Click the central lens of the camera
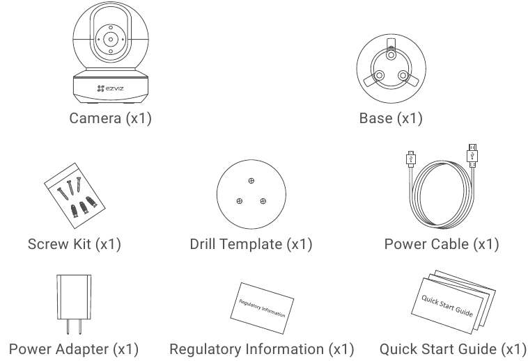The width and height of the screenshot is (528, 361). point(109,40)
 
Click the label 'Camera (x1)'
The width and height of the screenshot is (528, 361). point(110,118)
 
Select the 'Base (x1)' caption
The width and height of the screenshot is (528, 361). point(390,118)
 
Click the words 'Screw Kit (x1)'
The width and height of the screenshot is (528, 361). point(75,244)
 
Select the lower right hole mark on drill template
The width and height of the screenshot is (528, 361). point(263,201)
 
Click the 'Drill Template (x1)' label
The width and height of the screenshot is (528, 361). point(251,244)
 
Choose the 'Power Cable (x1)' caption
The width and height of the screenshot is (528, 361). point(441,244)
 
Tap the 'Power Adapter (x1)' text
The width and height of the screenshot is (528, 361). point(73,348)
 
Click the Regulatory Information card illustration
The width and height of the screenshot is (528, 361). point(262,303)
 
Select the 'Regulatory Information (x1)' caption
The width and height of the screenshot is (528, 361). point(262,348)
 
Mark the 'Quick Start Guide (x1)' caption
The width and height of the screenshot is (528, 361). point(452,348)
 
